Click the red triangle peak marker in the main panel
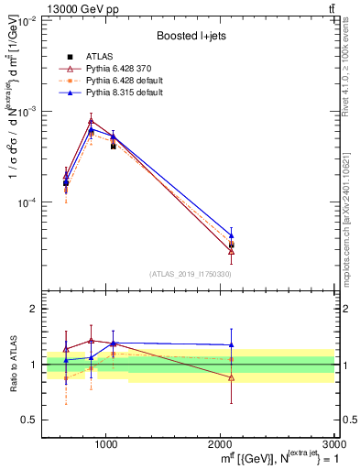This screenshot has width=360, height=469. coord(91,121)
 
